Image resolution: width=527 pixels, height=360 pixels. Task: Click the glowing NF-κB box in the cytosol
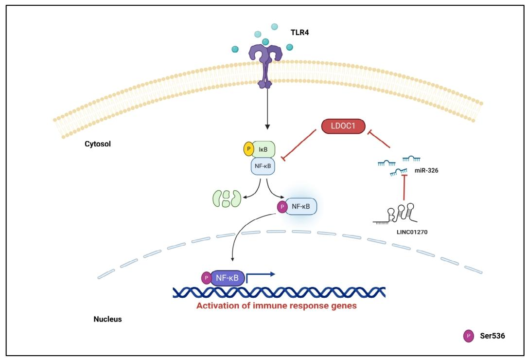299,207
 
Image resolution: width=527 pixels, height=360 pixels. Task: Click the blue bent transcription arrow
260,276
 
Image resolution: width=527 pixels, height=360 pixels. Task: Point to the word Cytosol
98,144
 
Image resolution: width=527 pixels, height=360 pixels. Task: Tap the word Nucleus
107,320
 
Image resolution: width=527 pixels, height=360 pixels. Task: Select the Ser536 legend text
492,336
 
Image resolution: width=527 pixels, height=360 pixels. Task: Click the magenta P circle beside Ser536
468,336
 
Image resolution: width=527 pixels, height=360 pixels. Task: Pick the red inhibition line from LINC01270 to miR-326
403,192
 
